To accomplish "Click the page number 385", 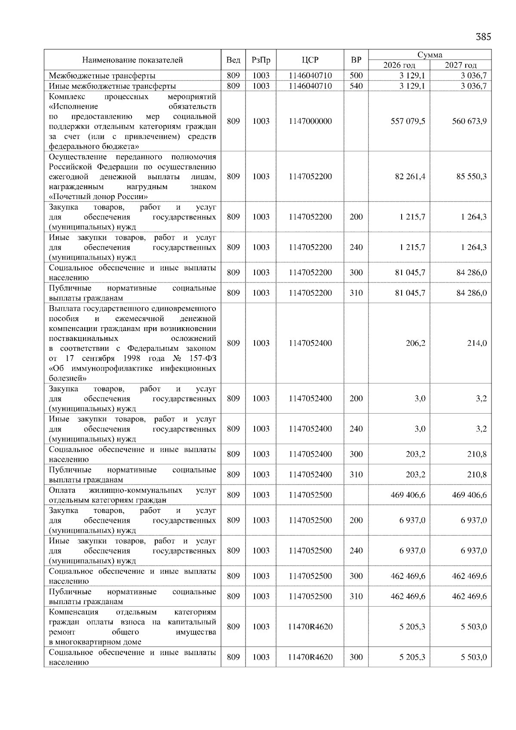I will (483, 37).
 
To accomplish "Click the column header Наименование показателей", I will (132, 60).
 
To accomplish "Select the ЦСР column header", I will (310, 60).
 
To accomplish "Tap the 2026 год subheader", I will (399, 65).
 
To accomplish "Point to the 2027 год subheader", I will (461, 65).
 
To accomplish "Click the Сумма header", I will (430, 55).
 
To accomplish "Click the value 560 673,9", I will (469, 121).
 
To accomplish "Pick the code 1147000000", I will (310, 121).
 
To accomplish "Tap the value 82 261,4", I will (410, 177).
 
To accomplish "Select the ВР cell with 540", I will (356, 86).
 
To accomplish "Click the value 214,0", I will (477, 344).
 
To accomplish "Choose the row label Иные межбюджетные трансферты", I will (112, 86).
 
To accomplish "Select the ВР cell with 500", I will (356, 76).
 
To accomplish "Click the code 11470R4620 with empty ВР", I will (310, 627).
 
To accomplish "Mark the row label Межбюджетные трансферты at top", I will (102, 76).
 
